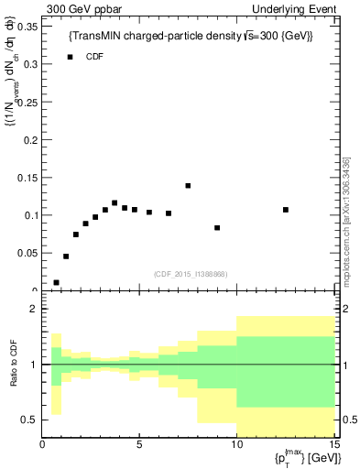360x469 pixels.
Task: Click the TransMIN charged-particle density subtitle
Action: [191, 36]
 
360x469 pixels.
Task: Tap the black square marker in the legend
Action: [70, 57]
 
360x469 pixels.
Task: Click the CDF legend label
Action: [95, 57]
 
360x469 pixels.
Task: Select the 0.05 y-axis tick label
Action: [28, 253]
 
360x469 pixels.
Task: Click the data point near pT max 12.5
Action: [286, 210]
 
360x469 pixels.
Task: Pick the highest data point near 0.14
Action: [188, 186]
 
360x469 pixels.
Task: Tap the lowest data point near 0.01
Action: [57, 283]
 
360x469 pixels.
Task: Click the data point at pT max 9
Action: [217, 228]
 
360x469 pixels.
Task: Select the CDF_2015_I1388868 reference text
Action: [191, 274]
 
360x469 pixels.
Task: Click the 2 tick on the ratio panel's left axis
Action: [33, 310]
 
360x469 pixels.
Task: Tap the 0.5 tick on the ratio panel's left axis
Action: [29, 420]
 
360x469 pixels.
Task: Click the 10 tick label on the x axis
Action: [235, 445]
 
